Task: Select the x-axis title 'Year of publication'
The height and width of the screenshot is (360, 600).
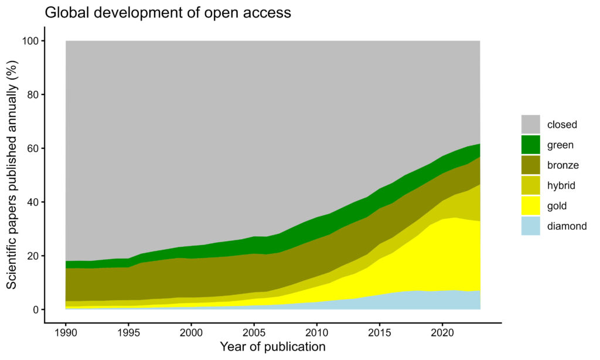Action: pyautogui.click(x=272, y=347)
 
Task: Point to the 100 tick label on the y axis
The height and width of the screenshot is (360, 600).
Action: pyautogui.click(x=29, y=41)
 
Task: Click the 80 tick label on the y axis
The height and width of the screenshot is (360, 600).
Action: pyautogui.click(x=32, y=95)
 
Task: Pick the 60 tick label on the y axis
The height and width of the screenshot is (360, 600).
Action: pyautogui.click(x=32, y=148)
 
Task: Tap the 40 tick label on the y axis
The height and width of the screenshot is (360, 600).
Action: pyautogui.click(x=32, y=202)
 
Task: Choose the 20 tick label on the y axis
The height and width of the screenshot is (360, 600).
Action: pyautogui.click(x=32, y=256)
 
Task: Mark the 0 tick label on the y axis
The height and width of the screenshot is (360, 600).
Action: pyautogui.click(x=35, y=310)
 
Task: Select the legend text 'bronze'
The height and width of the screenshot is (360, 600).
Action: pyautogui.click(x=562, y=165)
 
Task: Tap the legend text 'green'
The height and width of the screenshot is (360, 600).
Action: pyautogui.click(x=560, y=145)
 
